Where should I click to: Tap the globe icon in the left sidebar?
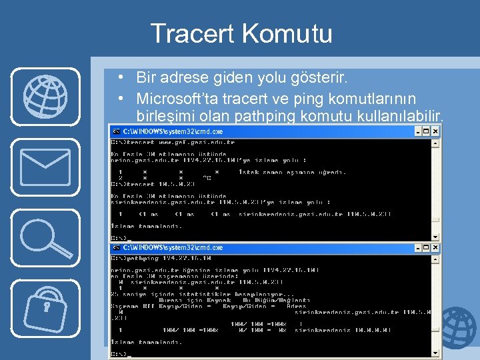pyautogui.click(x=45, y=96)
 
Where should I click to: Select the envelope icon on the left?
pyautogui.click(x=45, y=167)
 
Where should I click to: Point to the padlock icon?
pyautogui.click(x=45, y=307)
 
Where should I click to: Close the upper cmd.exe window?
pyautogui.click(x=435, y=131)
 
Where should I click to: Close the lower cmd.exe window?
pyautogui.click(x=435, y=247)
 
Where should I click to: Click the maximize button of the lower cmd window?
pyautogui.click(x=427, y=247)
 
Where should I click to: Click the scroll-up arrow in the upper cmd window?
pyautogui.click(x=435, y=142)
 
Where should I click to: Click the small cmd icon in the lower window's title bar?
pyautogui.click(x=116, y=247)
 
